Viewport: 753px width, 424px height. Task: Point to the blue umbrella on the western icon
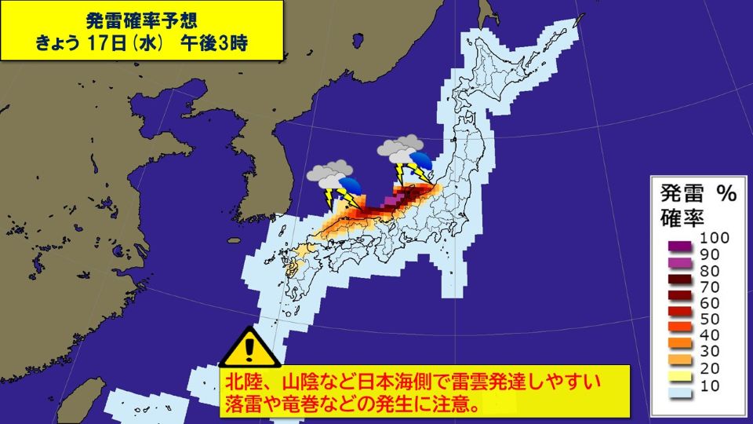coord(350,187)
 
